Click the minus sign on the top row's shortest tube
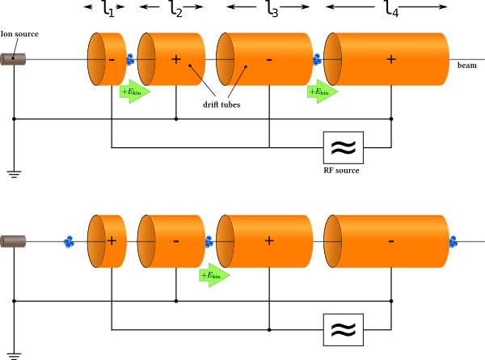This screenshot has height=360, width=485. tap(111, 59)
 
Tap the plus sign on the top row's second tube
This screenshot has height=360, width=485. tap(175, 59)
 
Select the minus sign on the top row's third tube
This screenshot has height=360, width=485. tap(268, 59)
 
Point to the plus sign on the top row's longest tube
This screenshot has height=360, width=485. tap(390, 59)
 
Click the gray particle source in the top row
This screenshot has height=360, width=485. tap(13, 59)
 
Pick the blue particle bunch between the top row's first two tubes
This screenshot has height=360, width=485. tap(130, 59)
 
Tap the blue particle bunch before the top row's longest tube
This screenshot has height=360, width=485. tap(317, 59)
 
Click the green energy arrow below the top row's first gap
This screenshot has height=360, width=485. tap(134, 91)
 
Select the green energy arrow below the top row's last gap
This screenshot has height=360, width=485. tap(322, 91)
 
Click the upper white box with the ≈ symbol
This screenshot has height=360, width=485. tap(343, 147)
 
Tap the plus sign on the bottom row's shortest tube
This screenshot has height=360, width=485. tap(112, 240)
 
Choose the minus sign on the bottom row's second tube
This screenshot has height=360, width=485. tap(175, 240)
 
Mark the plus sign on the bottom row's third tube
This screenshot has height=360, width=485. tap(268, 240)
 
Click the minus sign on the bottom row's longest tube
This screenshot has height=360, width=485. tap(390, 240)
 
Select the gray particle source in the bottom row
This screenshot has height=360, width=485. tap(13, 241)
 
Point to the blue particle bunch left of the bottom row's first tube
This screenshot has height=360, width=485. tap(69, 241)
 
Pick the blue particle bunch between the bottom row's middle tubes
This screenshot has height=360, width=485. tap(209, 241)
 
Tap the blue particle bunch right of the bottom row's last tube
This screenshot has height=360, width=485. tap(453, 241)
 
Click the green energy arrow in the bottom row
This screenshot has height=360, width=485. tap(213, 275)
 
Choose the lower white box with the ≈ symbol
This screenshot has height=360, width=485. tap(343, 329)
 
